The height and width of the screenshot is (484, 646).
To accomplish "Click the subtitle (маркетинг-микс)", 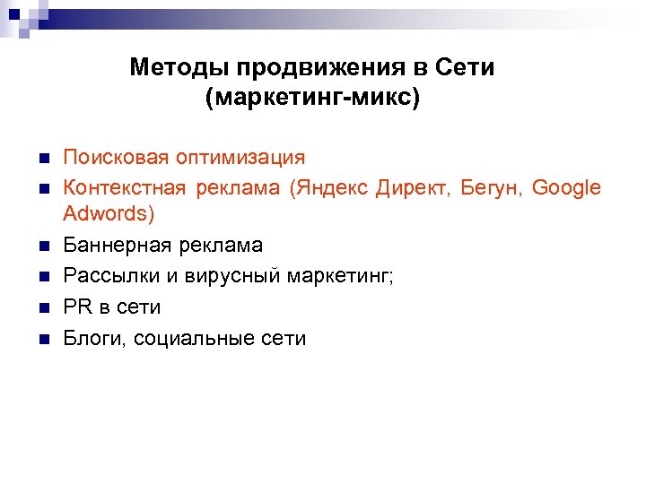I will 312,96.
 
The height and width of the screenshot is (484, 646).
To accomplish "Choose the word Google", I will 566,188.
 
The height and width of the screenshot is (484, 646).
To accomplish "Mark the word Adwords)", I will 109,215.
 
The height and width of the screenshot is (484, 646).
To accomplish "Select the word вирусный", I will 232,276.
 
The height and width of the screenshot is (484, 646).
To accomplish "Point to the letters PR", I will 77,307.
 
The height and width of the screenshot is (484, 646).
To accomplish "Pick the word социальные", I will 191,338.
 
